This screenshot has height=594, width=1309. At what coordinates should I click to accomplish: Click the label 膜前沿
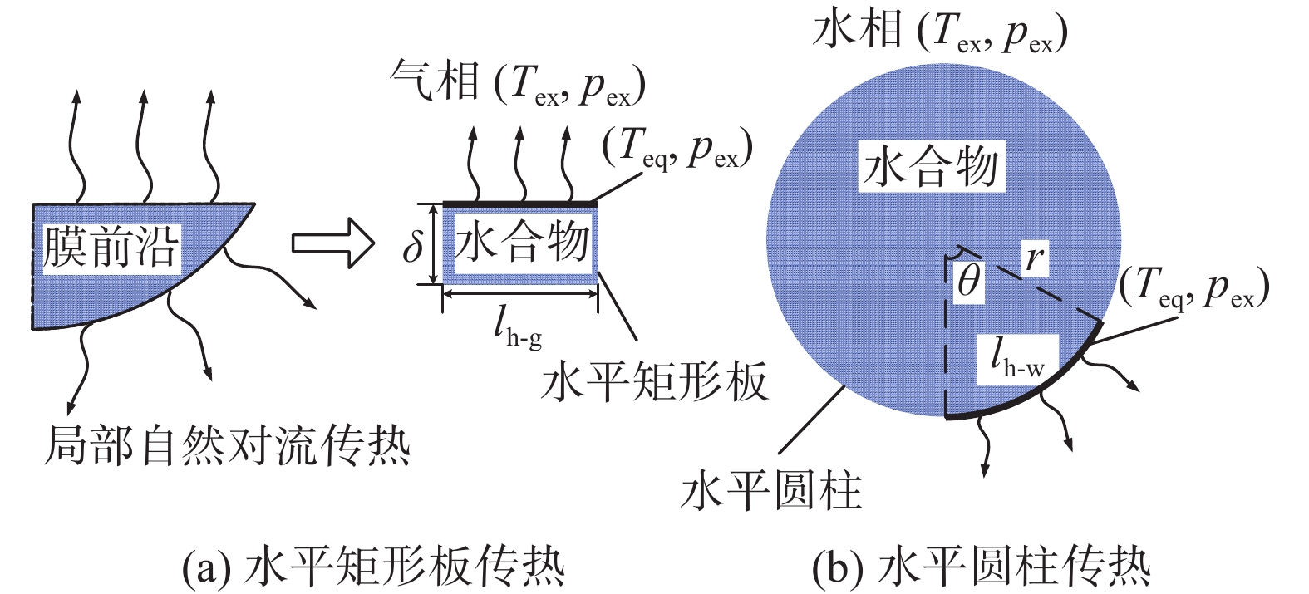[x=111, y=247]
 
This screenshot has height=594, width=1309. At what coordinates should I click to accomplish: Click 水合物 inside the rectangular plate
[x=522, y=243]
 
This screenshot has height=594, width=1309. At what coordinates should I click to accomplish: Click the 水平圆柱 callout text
[x=771, y=490]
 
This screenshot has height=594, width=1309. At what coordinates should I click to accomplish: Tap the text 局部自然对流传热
[x=227, y=445]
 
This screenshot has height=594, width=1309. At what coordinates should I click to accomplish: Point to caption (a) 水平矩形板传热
[x=373, y=567]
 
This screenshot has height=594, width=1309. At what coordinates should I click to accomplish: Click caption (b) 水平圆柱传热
[x=982, y=567]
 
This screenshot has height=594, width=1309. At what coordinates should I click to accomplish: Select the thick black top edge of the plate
[x=519, y=204]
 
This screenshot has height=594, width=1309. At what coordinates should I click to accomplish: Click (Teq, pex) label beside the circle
[x=1193, y=287]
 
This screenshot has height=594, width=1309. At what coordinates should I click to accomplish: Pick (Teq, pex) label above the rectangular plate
[x=677, y=150]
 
